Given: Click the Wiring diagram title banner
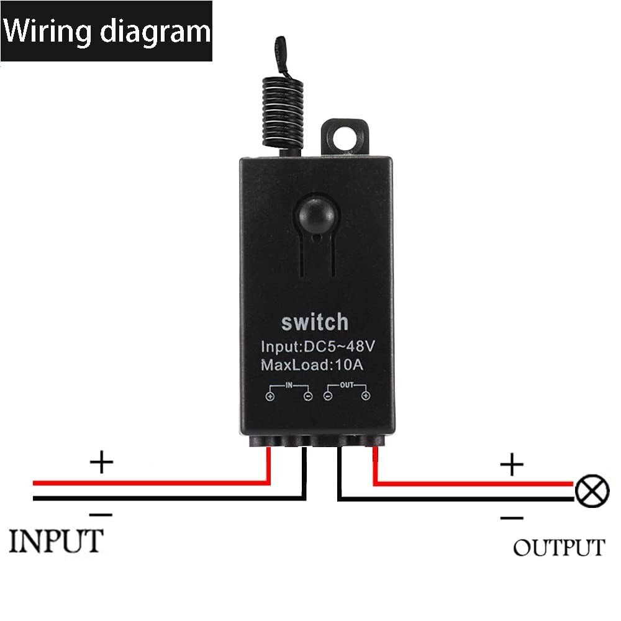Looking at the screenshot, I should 106,31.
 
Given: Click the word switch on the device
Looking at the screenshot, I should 315,322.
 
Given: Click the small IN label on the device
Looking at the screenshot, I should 289,385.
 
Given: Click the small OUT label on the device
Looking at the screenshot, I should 347,385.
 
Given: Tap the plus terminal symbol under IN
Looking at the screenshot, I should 270,396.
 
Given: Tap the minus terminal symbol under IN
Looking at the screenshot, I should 307,396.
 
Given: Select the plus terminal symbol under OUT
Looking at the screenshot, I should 366,396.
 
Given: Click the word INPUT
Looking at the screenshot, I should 56,541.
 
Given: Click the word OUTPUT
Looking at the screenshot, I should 558,548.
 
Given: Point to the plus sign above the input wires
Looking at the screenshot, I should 102,463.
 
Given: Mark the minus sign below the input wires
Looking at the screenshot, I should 101,514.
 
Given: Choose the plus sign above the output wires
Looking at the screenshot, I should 512,464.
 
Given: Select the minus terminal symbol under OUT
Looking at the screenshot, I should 328,396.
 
